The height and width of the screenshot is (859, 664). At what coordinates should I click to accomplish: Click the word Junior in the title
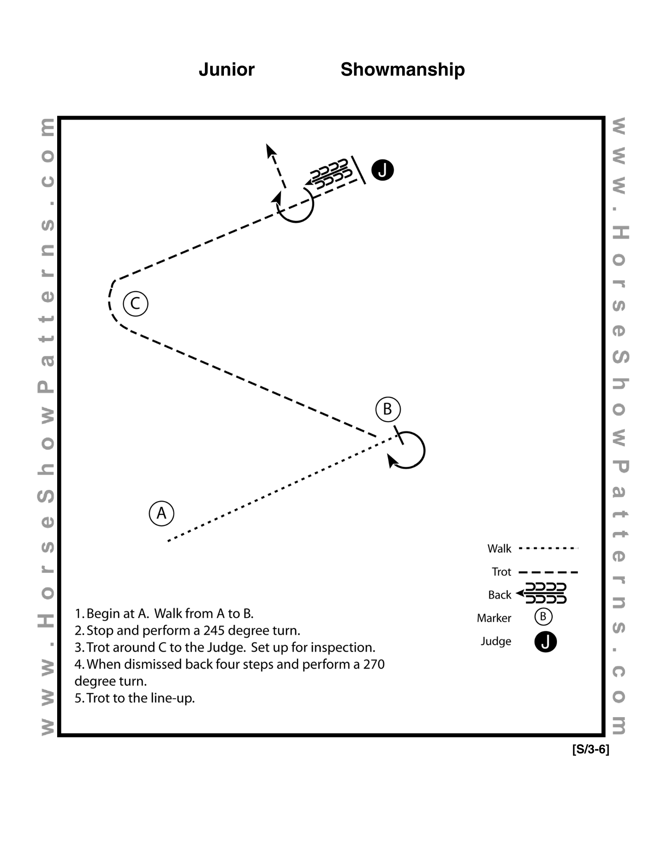point(226,70)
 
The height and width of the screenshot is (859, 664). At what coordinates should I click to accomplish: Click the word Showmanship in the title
point(403,70)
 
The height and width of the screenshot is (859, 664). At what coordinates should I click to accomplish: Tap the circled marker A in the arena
point(162,513)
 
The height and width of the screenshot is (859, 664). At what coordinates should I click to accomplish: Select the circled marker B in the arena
point(388,409)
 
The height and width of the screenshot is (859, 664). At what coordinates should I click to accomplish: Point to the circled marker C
point(135,304)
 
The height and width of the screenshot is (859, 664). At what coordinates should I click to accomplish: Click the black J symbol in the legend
point(545,642)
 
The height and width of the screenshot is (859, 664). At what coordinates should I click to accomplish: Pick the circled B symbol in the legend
point(543,617)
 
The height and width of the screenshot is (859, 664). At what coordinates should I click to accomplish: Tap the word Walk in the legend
point(499,549)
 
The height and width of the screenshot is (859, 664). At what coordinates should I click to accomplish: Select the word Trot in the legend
point(502,572)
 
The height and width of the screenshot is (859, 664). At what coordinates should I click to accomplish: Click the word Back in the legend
point(500,595)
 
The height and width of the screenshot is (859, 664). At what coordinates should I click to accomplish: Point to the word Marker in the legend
point(494,618)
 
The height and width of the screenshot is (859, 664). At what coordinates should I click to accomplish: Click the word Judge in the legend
point(496,642)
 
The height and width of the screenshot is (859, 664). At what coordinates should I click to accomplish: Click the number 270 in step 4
point(374,664)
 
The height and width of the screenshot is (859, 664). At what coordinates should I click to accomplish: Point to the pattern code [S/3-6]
point(591,750)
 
